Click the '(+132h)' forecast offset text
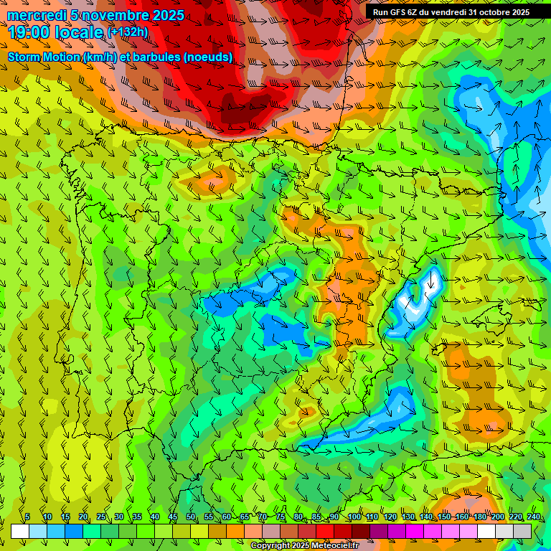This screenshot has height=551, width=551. (128, 32)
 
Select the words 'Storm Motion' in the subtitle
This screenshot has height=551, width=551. (44, 57)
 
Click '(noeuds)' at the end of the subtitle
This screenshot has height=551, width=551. (208, 57)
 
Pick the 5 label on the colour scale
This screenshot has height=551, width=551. (28, 517)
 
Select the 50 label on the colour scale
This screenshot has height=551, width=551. (190, 517)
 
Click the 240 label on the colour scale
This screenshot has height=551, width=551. (533, 517)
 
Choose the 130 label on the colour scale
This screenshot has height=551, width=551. (408, 517)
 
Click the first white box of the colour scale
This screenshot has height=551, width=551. (20, 531)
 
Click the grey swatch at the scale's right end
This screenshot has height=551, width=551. (522, 531)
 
